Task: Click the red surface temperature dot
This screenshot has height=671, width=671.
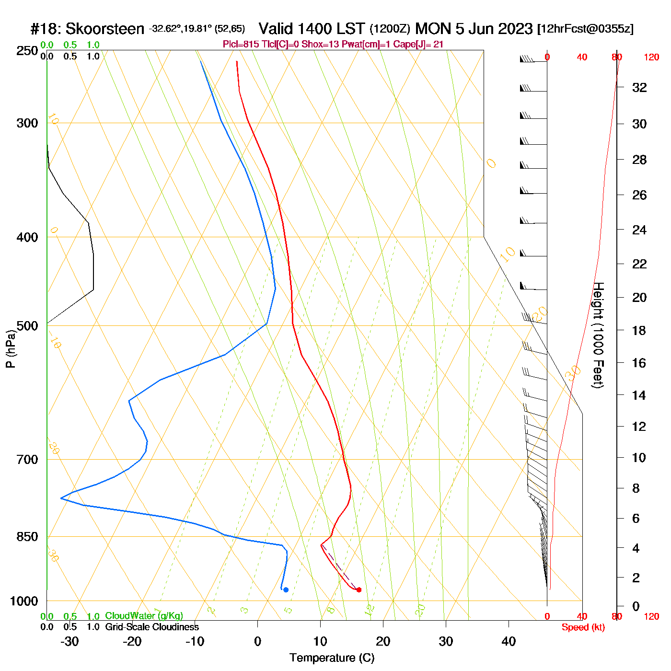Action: [x=359, y=590]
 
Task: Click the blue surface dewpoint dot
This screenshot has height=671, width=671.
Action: [x=286, y=590]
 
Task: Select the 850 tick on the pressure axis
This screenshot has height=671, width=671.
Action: [x=27, y=537]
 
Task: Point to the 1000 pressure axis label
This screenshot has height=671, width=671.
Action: [x=24, y=601]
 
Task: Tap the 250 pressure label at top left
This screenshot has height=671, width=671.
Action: [x=27, y=51]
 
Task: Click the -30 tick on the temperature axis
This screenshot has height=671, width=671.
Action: [x=69, y=641]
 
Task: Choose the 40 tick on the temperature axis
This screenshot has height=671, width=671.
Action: [x=509, y=641]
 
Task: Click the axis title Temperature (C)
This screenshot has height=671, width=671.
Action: [x=332, y=658]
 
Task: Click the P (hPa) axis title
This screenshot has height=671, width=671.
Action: [x=11, y=349]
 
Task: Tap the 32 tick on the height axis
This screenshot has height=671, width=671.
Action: [x=639, y=88]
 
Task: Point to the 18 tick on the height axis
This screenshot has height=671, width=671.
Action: [x=639, y=330]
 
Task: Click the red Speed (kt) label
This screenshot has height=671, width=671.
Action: [x=583, y=627]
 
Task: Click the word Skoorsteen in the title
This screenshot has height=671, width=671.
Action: [x=104, y=29]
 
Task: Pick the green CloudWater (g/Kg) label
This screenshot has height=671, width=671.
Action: [x=144, y=616]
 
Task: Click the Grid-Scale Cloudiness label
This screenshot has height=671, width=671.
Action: [x=152, y=627]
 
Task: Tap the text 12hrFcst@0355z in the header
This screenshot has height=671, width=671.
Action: [x=585, y=29]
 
